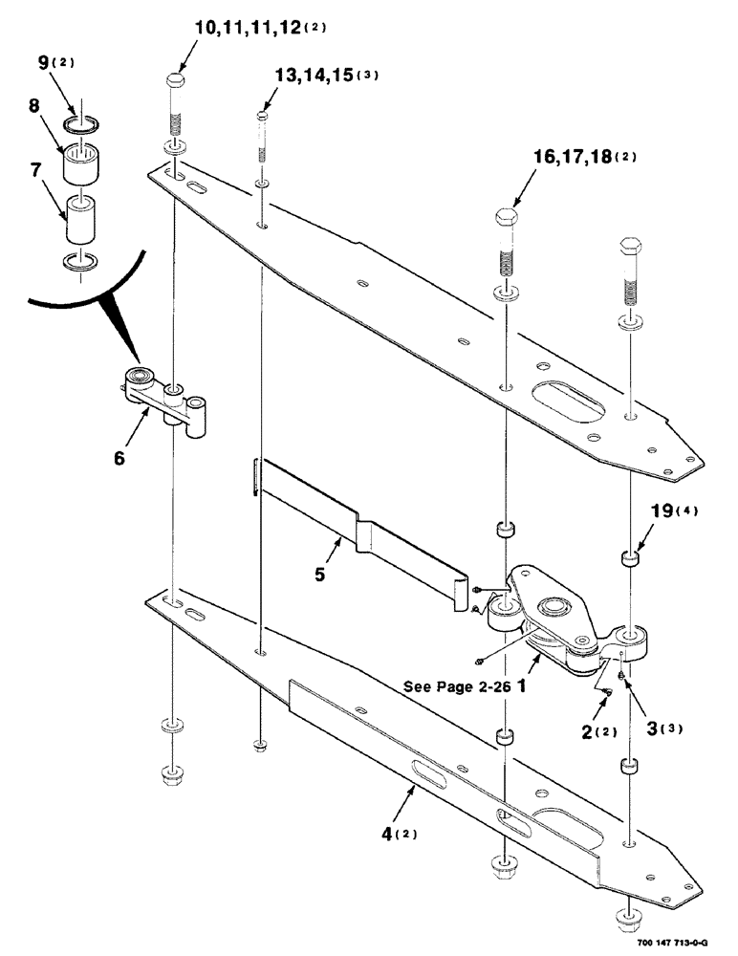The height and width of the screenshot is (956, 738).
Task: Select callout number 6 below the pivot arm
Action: [x=119, y=458]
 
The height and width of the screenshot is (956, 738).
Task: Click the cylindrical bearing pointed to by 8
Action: [x=83, y=164]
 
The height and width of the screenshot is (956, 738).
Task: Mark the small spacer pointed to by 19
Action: [x=631, y=557]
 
